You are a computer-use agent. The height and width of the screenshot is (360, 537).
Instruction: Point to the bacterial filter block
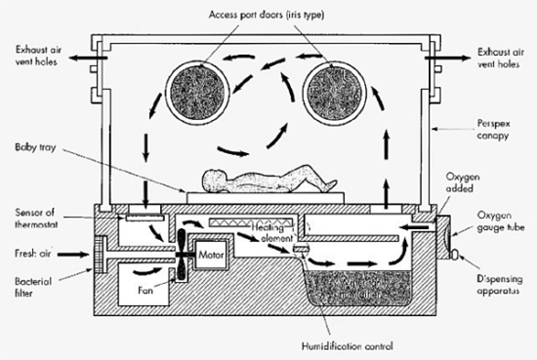(x=99, y=260)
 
